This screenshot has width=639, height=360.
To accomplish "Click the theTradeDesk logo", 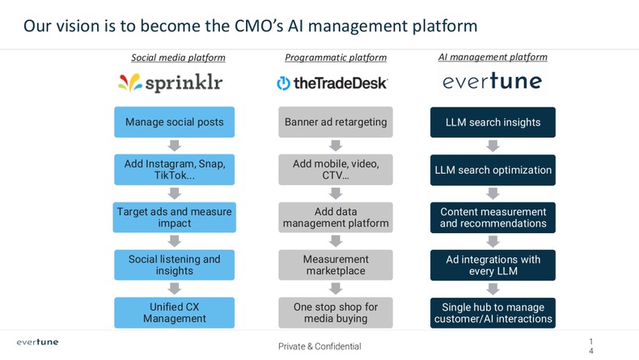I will click(332, 83).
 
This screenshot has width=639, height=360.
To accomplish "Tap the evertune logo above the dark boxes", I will click(492, 82).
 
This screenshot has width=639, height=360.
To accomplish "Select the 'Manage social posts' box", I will click(174, 122).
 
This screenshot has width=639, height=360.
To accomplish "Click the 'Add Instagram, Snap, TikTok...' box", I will click(174, 169).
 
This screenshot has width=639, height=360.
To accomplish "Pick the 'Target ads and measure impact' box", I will click(174, 217).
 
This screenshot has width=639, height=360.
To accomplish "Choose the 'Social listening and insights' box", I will click(174, 265).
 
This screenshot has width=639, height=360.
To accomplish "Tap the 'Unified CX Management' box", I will click(174, 312).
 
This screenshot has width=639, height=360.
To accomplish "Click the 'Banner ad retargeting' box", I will click(336, 122).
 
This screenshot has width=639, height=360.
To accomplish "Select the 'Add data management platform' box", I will click(336, 217).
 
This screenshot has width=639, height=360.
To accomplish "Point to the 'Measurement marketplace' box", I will click(336, 265).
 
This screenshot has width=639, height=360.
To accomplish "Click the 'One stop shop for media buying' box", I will click(336, 312).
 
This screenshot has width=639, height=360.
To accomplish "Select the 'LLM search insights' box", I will click(493, 122).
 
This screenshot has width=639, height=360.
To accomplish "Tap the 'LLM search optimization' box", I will click(493, 170).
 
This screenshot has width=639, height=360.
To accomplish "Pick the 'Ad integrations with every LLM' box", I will click(493, 265).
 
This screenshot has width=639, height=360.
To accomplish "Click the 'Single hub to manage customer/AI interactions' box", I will click(493, 312).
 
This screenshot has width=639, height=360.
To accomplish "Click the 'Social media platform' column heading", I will click(178, 57).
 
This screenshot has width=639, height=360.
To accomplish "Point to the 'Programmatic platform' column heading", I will click(336, 57).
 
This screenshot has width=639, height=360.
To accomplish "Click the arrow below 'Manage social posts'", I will click(174, 146).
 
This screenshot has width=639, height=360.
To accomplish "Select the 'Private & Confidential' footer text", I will click(319, 346).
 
